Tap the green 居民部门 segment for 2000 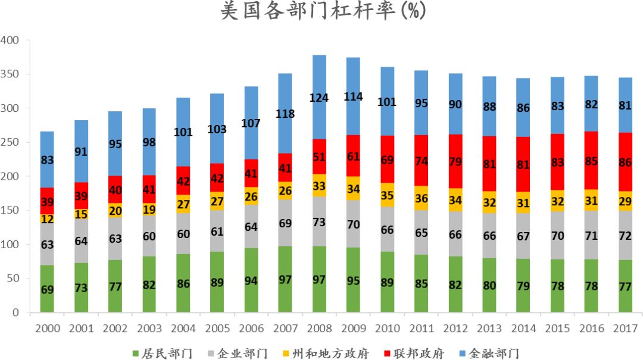pyautogui.click(x=47, y=289)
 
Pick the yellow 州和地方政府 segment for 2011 pyautogui.click(x=422, y=198)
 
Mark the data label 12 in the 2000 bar pyautogui.click(x=47, y=219)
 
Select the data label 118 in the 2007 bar pyautogui.click(x=285, y=114)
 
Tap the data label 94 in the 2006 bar pyautogui.click(x=251, y=281)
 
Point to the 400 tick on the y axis pyautogui.click(x=10, y=40)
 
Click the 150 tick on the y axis pyautogui.click(x=10, y=211)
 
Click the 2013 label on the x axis pyautogui.click(x=489, y=328)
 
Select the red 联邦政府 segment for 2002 pyautogui.click(x=115, y=189)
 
